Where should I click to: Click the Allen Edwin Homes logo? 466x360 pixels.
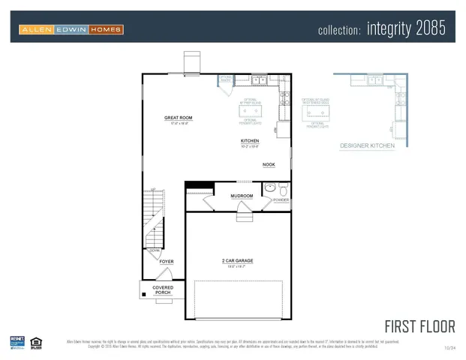pyautogui.click(x=71, y=29)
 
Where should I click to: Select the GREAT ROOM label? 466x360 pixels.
pyautogui.click(x=179, y=118)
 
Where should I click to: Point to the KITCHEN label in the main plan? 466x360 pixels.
pyautogui.click(x=250, y=140)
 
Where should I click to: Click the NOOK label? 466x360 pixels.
pyautogui.click(x=268, y=164)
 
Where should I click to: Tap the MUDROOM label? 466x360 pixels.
pyautogui.click(x=242, y=196)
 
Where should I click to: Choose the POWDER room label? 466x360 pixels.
pyautogui.click(x=281, y=200)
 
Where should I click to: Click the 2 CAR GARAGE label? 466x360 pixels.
pyautogui.click(x=237, y=261)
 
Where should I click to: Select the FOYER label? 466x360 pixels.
pyautogui.click(x=166, y=262)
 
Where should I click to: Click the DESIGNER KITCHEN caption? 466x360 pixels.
pyautogui.click(x=367, y=145)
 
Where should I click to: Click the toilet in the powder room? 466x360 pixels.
pyautogui.click(x=283, y=187)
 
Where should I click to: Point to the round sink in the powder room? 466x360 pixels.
pyautogui.click(x=269, y=187)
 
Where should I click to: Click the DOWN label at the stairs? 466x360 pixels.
pyautogui.click(x=155, y=250)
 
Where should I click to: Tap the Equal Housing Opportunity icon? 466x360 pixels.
pyautogui.click(x=36, y=343)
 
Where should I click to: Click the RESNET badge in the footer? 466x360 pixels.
pyautogui.click(x=17, y=343)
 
